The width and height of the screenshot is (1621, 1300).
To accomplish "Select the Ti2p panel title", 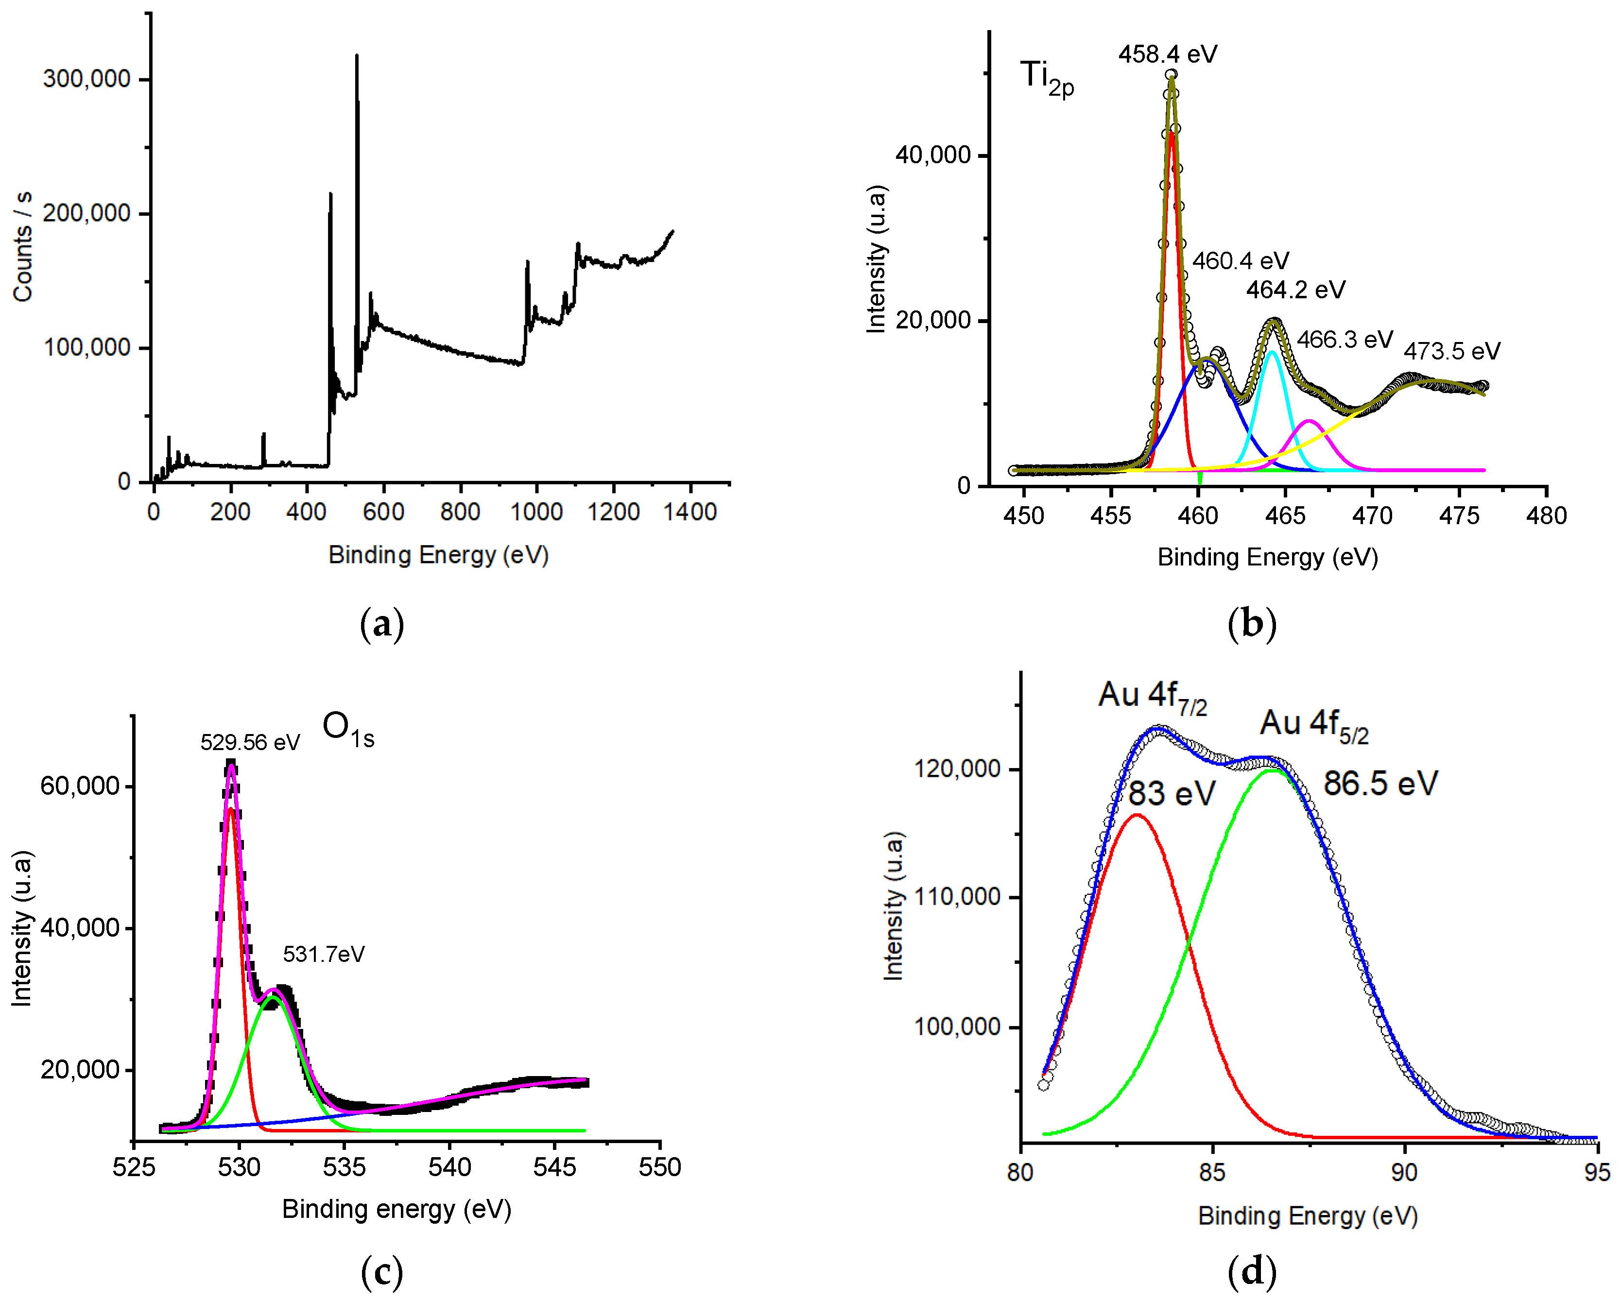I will click(1047, 78).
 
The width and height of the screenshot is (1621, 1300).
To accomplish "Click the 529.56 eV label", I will click(250, 743).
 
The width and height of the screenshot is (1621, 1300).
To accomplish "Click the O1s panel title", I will click(348, 729).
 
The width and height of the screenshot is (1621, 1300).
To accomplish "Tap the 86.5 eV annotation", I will click(1380, 784).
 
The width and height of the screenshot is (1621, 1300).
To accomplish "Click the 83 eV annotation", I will click(1172, 794).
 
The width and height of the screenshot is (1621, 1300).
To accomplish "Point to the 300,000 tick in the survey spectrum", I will click(86, 79).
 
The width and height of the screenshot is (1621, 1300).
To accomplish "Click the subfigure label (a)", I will click(382, 624).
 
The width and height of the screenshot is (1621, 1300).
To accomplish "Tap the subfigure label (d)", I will click(1251, 1271).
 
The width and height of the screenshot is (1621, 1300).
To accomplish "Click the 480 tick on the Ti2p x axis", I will click(1546, 516).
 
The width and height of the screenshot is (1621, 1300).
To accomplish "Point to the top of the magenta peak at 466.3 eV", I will click(1309, 421).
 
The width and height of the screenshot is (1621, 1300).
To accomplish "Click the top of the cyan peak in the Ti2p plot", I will click(1272, 351).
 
